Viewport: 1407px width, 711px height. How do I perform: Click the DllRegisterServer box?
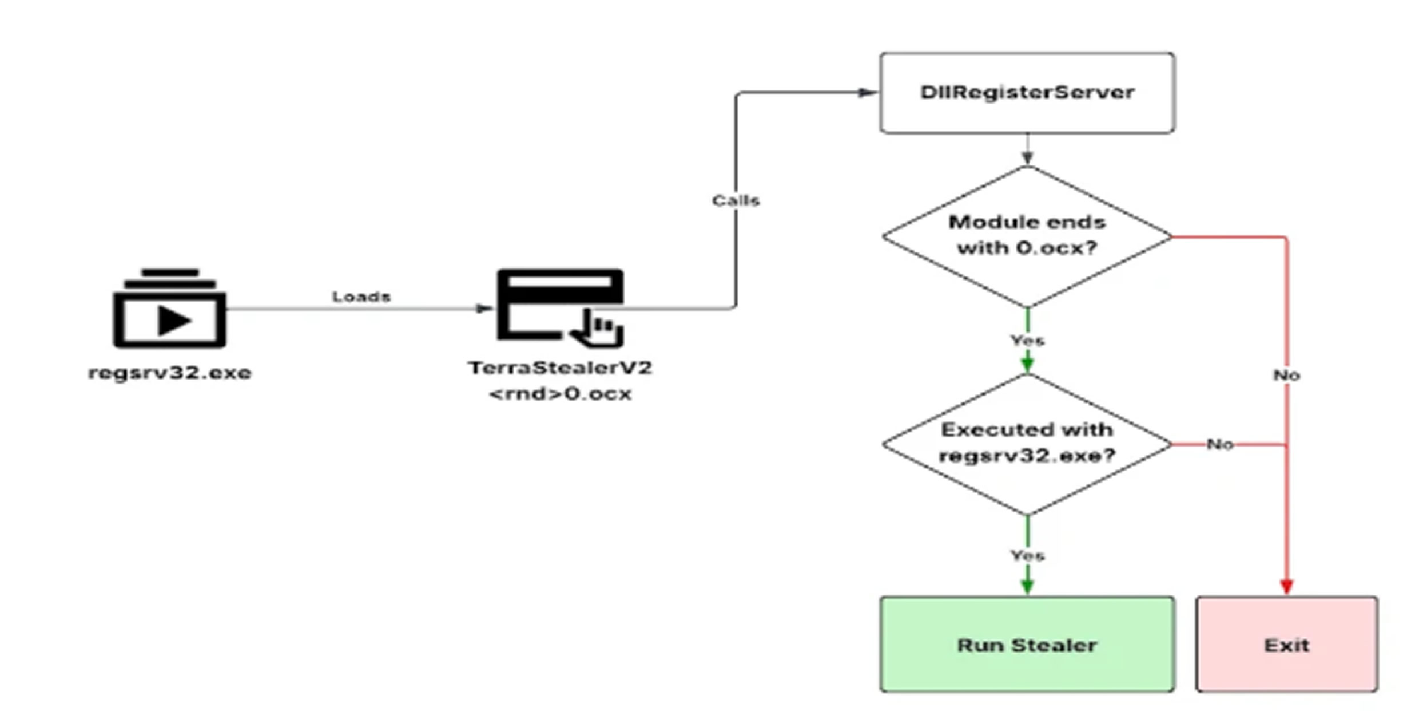tap(1027, 93)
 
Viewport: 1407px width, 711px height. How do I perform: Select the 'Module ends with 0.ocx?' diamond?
tap(1027, 235)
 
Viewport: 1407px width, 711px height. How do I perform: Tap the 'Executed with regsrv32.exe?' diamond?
tap(1027, 443)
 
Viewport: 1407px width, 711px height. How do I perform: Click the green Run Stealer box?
tap(1027, 645)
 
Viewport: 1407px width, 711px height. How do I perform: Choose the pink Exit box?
tap(1286, 645)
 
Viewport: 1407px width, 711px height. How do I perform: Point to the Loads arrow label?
tap(361, 297)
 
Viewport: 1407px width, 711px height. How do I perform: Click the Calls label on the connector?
tap(736, 200)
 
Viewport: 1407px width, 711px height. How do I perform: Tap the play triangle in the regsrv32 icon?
tap(173, 320)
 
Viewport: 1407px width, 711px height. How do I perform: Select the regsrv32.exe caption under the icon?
tap(170, 373)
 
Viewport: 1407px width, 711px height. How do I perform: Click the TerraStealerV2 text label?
tap(560, 368)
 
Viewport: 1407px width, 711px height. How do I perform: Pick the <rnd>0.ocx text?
tap(560, 394)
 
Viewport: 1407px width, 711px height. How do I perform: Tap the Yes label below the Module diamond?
tap(1027, 341)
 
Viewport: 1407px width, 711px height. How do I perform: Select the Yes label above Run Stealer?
tap(1027, 555)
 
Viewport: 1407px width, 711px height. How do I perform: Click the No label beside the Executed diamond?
tap(1219, 444)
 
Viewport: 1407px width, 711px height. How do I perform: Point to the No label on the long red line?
tap(1286, 375)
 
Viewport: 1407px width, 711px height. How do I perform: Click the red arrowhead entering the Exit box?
tap(1286, 586)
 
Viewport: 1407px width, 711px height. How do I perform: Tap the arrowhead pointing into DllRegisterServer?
tap(867, 93)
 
